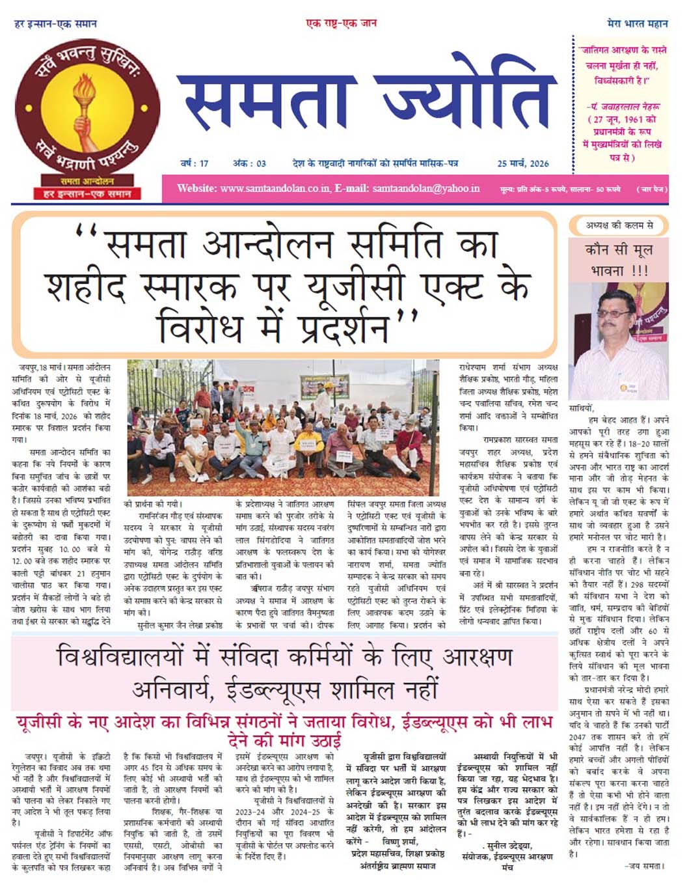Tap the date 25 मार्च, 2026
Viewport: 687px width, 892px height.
pos(522,163)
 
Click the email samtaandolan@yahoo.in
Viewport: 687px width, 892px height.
pos(425,188)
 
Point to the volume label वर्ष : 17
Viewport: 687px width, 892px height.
pos(194,163)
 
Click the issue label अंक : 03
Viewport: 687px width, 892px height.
pos(250,163)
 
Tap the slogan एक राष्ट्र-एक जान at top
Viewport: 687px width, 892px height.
pos(342,23)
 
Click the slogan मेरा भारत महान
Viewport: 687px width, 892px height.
pos(637,23)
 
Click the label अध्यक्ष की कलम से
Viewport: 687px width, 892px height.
pos(619,225)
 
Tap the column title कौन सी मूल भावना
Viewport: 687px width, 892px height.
pos(619,259)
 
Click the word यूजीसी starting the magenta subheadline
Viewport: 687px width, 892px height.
pos(40,723)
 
